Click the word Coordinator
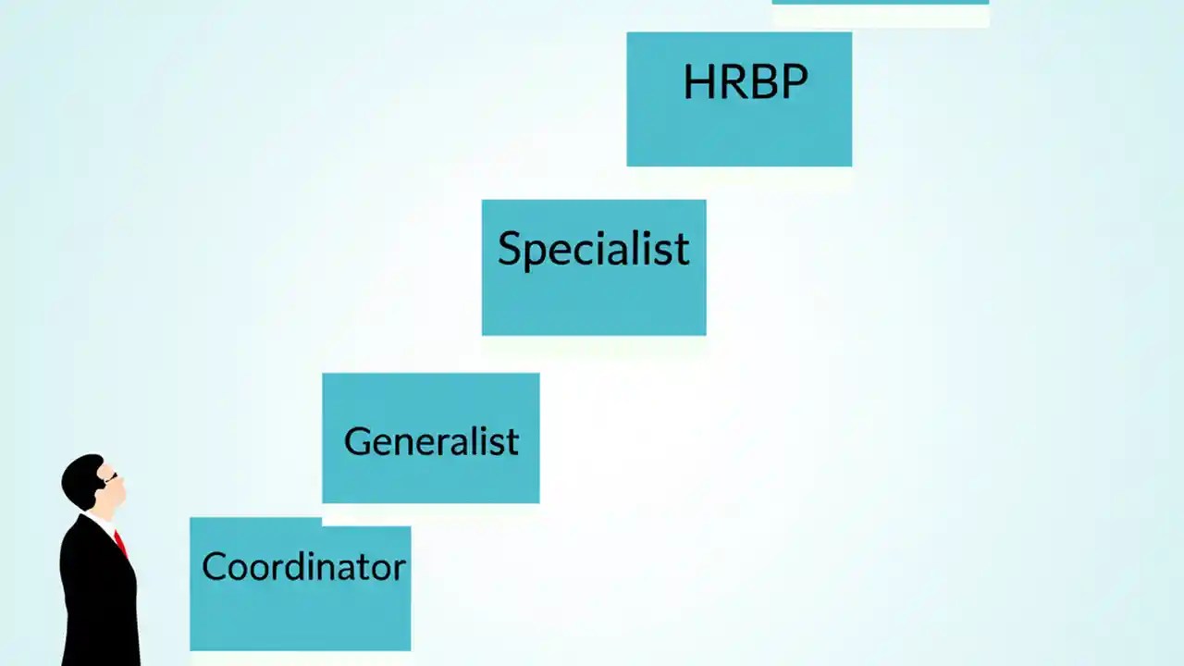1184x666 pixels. point(303,566)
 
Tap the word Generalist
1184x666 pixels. point(431,441)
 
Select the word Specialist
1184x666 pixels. point(593,249)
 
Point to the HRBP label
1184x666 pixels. point(745,82)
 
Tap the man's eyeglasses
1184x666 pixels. point(111,478)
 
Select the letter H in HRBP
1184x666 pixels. point(698,82)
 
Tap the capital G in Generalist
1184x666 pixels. point(357,441)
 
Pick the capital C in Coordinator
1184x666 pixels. point(214,566)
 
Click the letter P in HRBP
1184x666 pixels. point(794,82)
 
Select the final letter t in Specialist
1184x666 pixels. point(683,250)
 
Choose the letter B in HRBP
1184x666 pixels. point(762,82)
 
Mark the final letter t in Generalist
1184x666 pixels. point(512,442)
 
